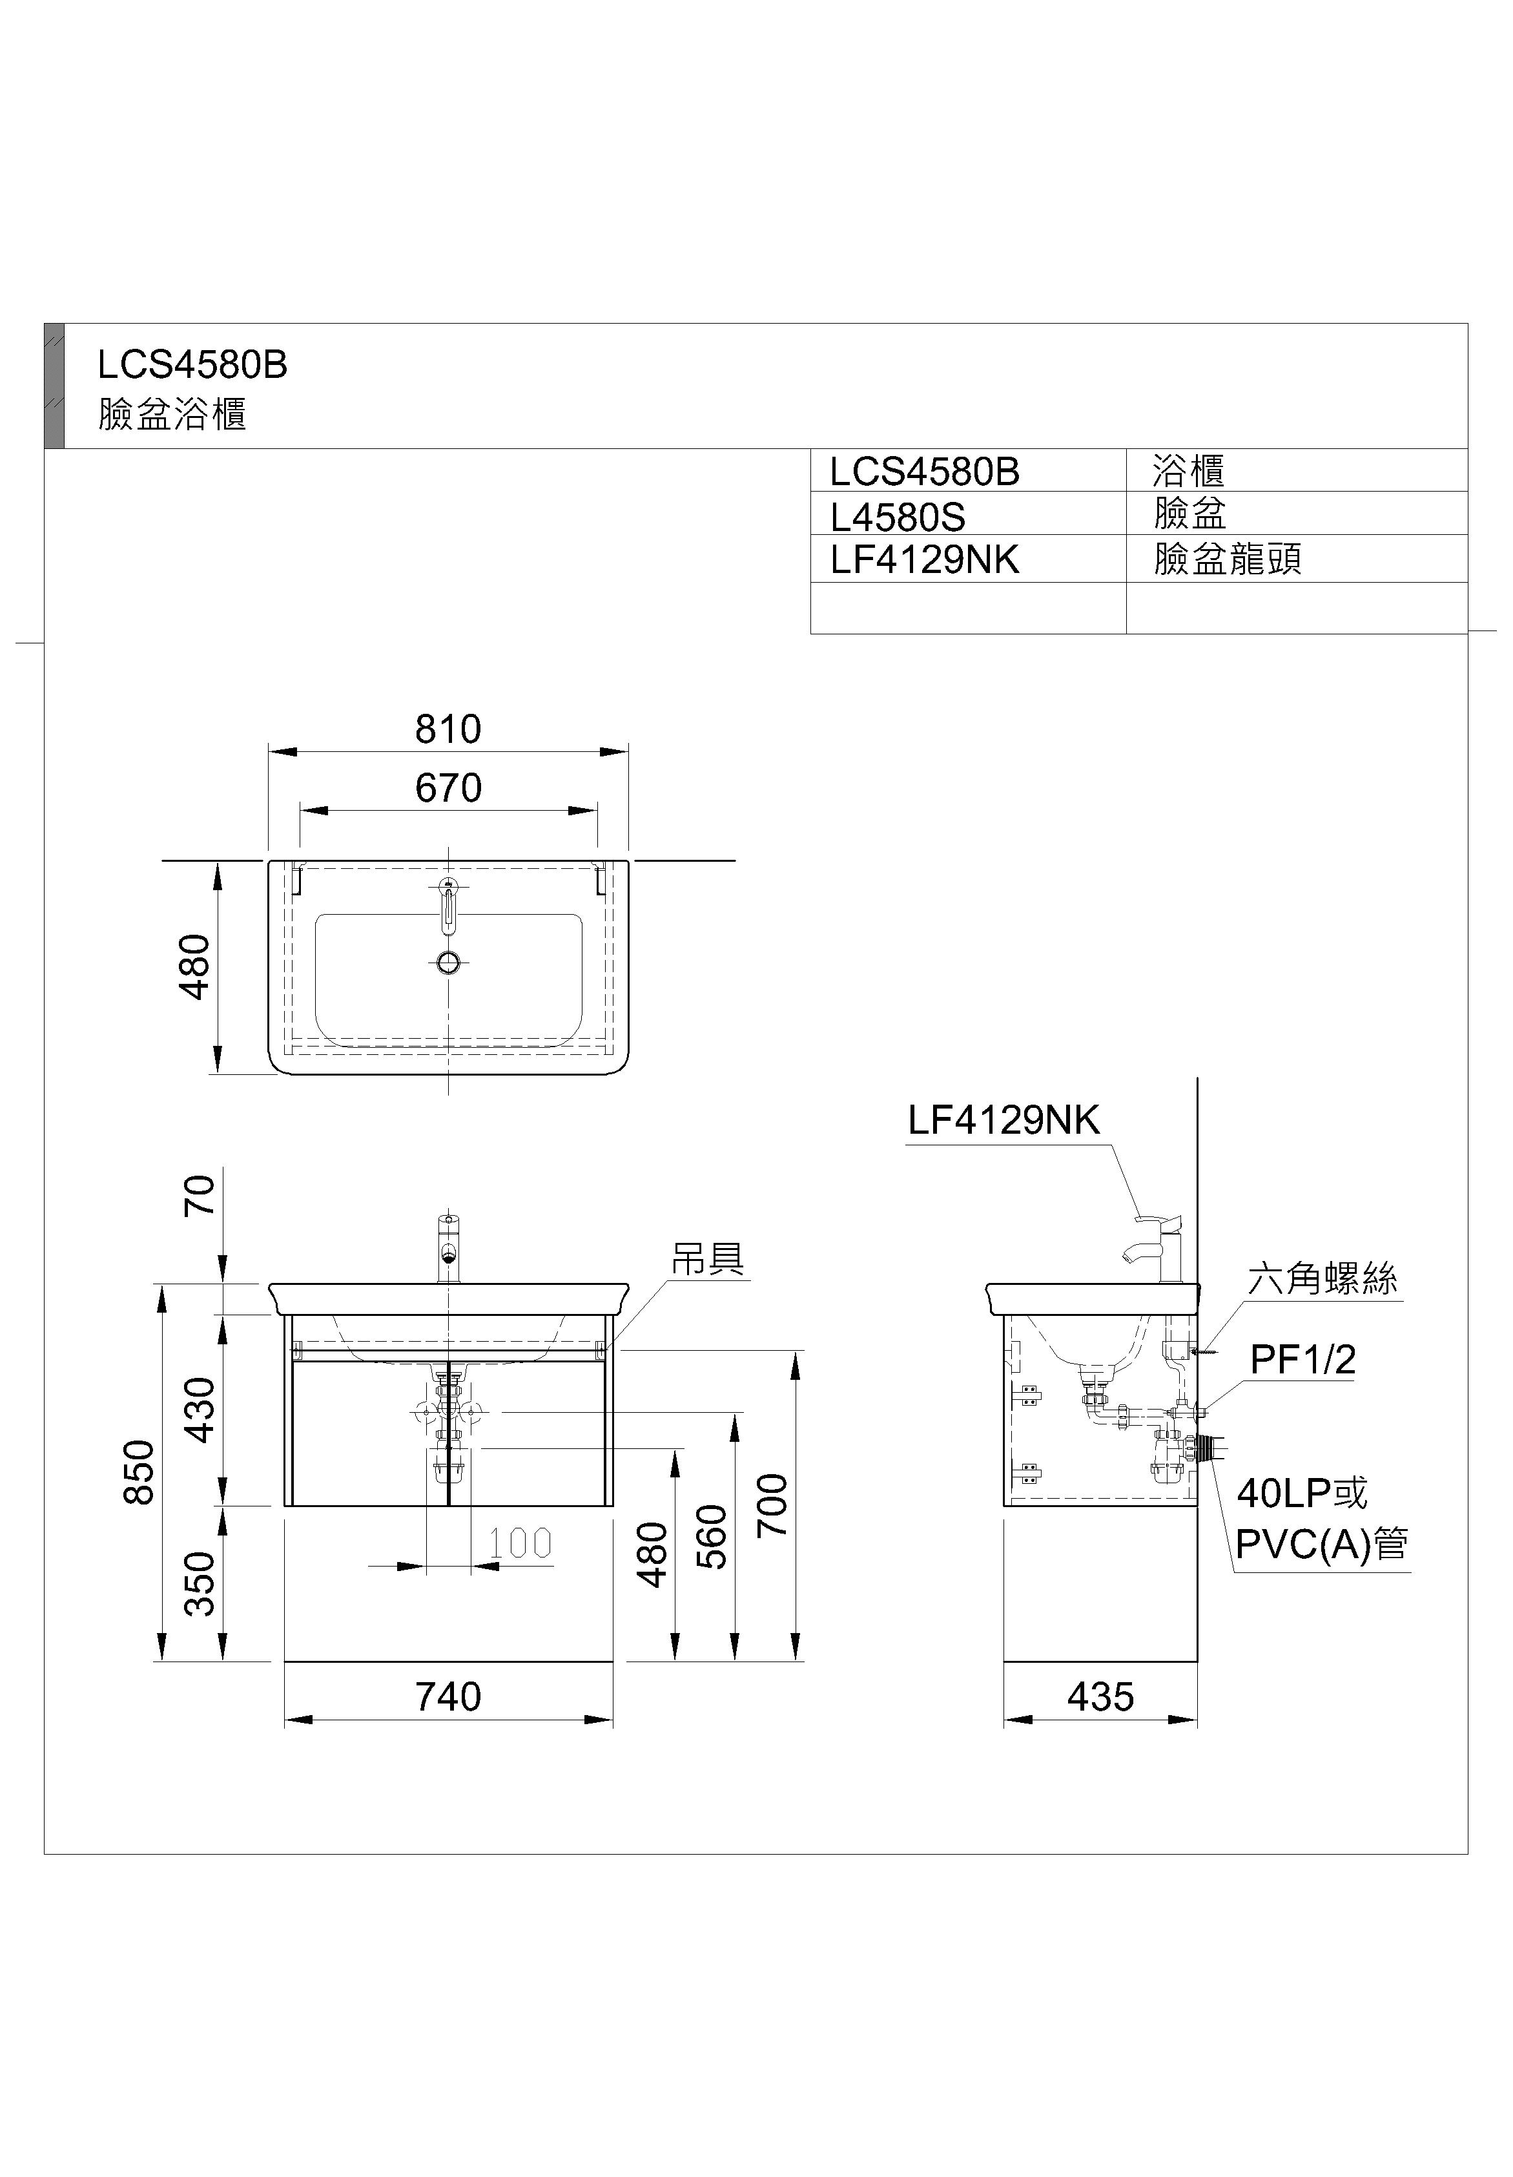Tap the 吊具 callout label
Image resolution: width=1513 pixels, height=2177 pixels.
pyautogui.click(x=708, y=1258)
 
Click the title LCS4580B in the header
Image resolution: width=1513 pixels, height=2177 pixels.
pyautogui.click(x=192, y=364)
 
